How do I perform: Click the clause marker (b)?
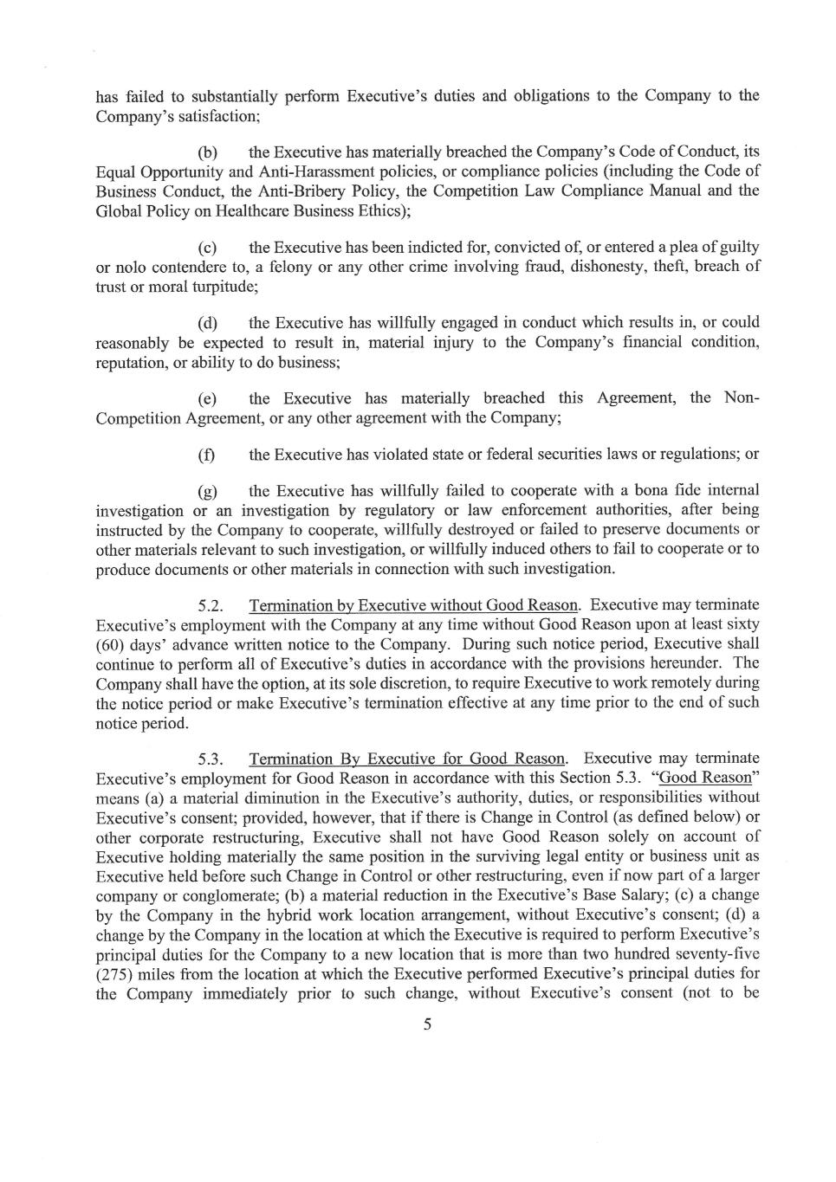(207, 152)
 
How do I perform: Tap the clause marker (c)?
(207, 248)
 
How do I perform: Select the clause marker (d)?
(207, 324)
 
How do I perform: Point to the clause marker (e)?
(207, 399)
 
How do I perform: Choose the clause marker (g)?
(207, 492)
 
